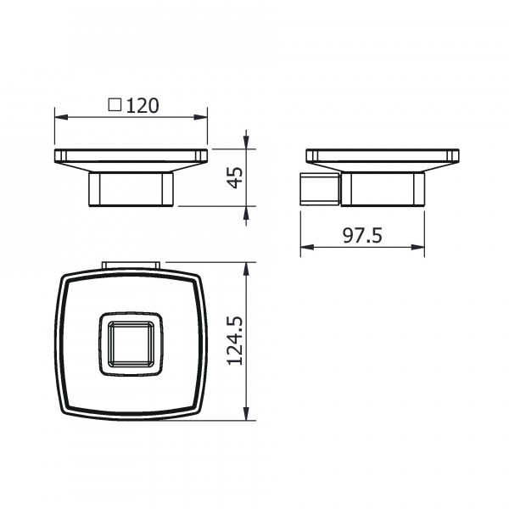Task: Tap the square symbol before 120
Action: pyautogui.click(x=115, y=106)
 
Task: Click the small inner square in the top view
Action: pyautogui.click(x=131, y=346)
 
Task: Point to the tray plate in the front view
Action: pyautogui.click(x=131, y=157)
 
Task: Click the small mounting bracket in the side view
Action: pyautogui.click(x=321, y=188)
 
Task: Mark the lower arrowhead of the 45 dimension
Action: pyautogui.click(x=247, y=211)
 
